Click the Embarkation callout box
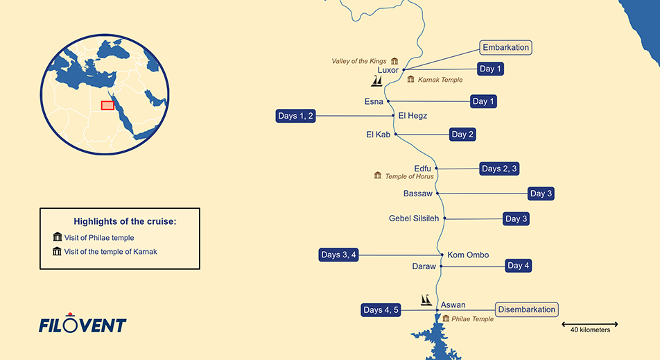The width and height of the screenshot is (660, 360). click(x=505, y=48)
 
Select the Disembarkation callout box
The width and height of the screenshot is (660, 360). click(x=526, y=309)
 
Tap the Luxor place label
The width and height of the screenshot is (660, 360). click(x=388, y=70)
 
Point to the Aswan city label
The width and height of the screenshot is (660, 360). click(x=453, y=305)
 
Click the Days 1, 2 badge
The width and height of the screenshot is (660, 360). click(x=296, y=116)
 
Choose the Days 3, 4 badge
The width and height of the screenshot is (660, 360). click(x=339, y=255)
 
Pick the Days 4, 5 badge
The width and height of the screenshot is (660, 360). click(x=381, y=310)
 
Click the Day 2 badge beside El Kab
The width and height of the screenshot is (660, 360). click(x=462, y=135)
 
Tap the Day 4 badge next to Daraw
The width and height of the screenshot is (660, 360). click(x=519, y=266)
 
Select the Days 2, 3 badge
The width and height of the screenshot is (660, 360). click(x=499, y=169)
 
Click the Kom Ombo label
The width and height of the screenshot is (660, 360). click(x=468, y=255)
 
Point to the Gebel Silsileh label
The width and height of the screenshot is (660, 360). click(x=415, y=218)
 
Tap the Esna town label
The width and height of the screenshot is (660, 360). click(x=374, y=102)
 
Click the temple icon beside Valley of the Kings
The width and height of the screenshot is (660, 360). click(x=394, y=61)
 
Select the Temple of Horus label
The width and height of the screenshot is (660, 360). click(x=409, y=177)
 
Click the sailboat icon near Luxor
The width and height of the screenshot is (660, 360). click(x=377, y=82)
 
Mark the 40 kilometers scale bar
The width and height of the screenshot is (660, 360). click(x=590, y=324)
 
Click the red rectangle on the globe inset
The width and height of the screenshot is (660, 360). click(x=107, y=105)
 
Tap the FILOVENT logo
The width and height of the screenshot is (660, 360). click(x=82, y=325)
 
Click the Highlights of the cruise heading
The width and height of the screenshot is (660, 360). click(x=125, y=221)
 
